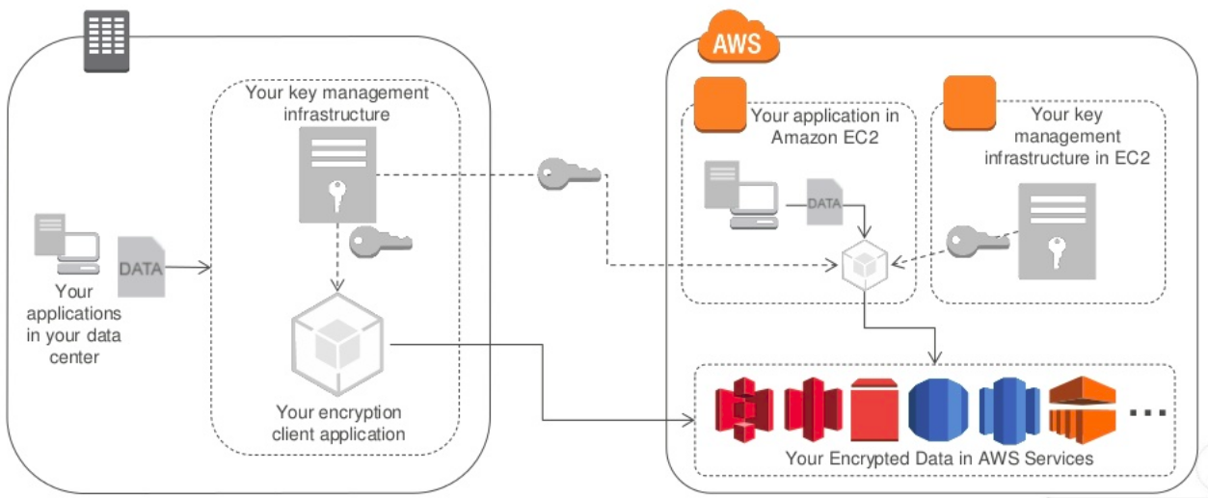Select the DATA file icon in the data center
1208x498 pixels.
click(141, 267)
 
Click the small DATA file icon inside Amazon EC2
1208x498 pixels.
click(823, 201)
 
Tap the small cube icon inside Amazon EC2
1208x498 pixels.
click(863, 265)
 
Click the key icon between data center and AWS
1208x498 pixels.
click(569, 174)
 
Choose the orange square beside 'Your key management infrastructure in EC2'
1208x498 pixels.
click(969, 103)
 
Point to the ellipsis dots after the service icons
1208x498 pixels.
click(1146, 413)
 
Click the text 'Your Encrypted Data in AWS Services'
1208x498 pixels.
click(939, 459)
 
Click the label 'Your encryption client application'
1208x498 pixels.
click(338, 423)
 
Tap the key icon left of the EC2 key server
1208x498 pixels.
click(969, 241)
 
